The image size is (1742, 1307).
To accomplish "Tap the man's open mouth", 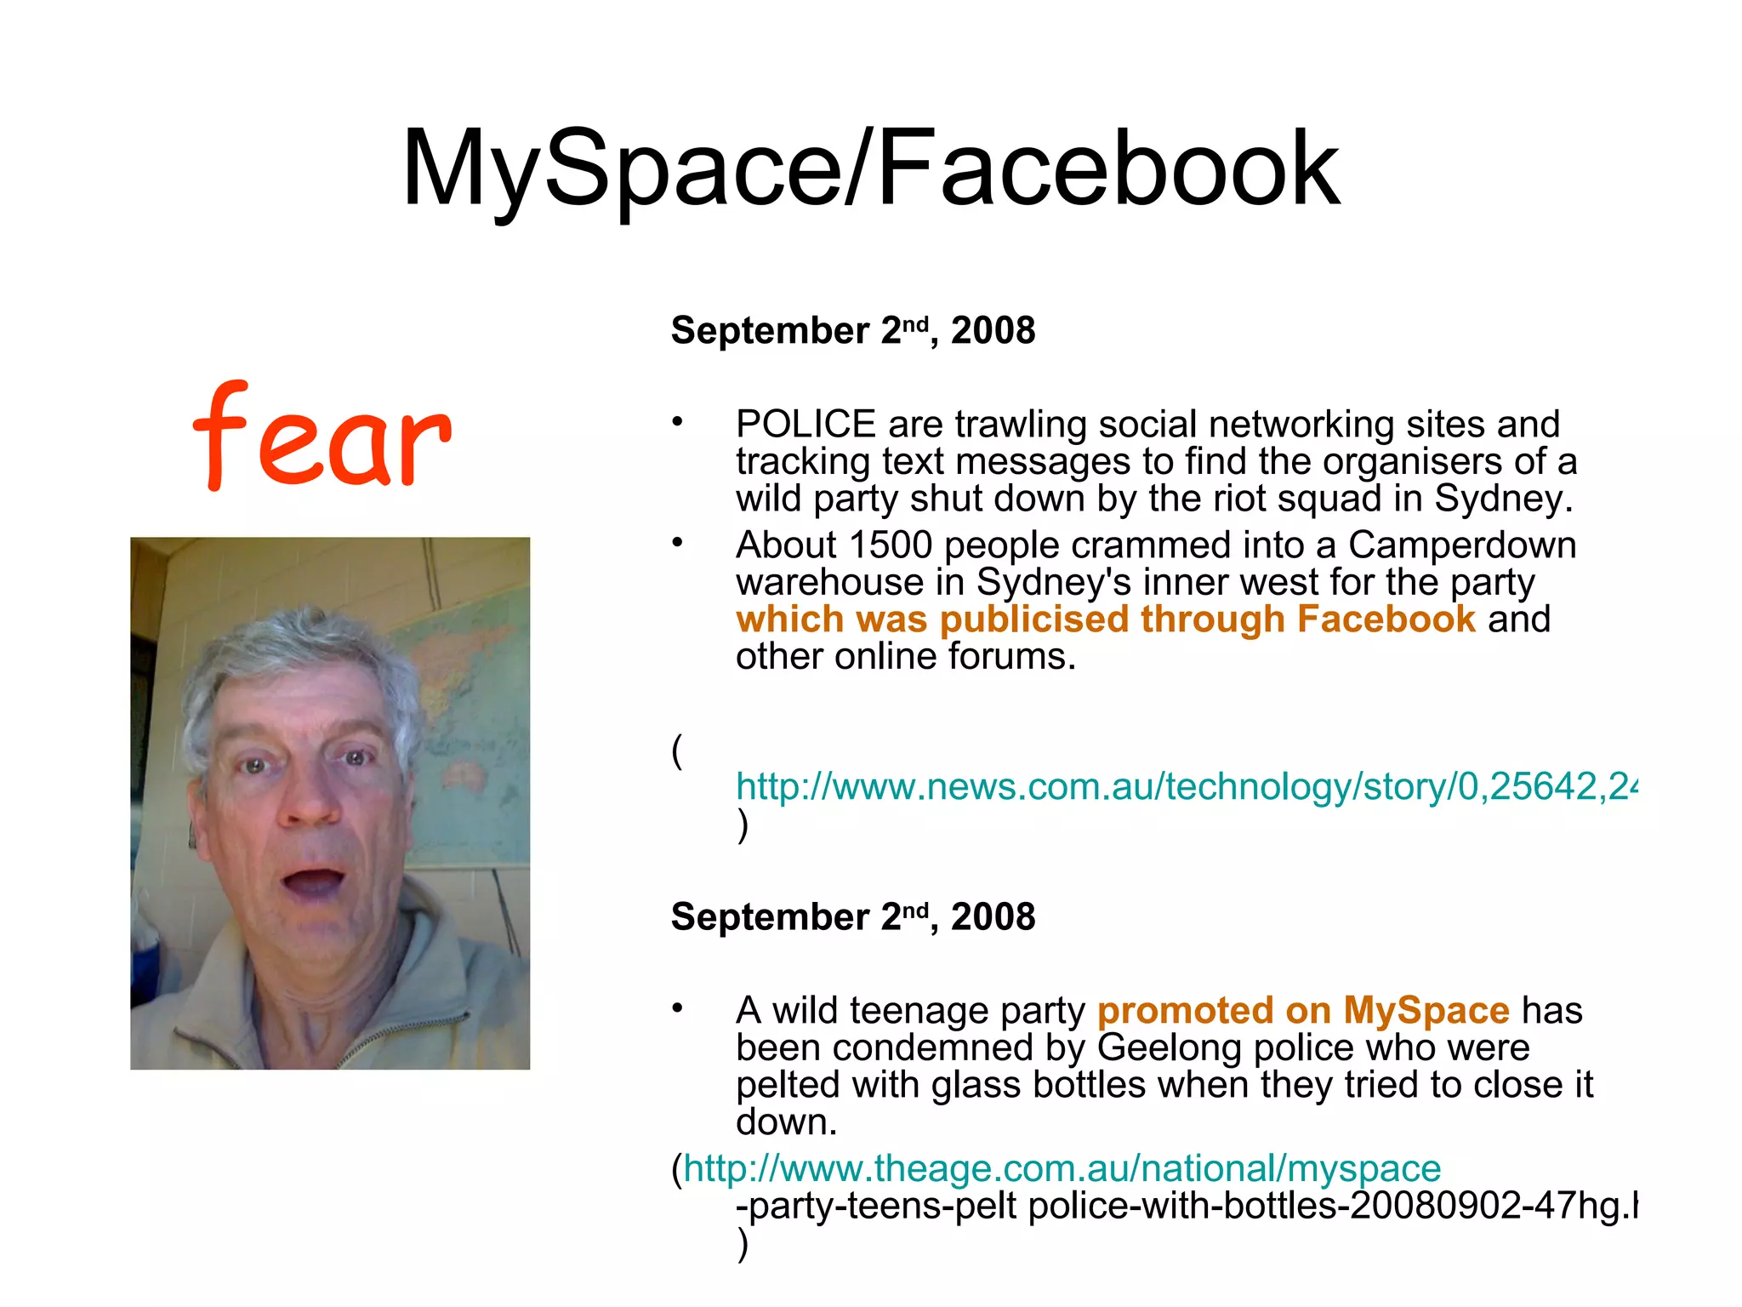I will tap(312, 881).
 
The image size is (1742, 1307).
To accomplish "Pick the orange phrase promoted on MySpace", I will tap(1303, 1011).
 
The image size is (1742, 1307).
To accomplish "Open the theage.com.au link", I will tap(1062, 1169).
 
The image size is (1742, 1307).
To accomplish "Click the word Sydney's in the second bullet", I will tap(1054, 583).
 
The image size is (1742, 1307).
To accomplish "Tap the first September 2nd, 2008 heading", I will tap(852, 330).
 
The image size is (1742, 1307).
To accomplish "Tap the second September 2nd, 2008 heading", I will tap(852, 917).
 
